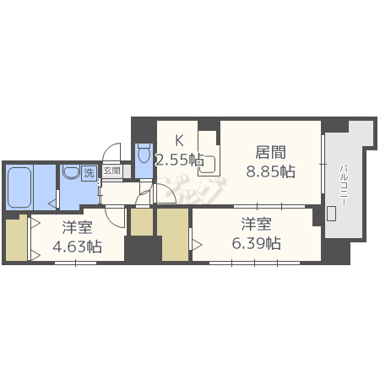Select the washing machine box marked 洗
point(89,173)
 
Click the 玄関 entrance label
point(111,171)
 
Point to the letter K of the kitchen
point(179,140)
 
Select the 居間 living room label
point(270,153)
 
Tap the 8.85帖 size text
point(270,171)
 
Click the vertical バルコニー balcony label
point(345,180)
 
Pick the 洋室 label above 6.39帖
point(257,224)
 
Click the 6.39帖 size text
point(257,243)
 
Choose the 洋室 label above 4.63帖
point(78,228)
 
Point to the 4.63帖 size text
point(78,247)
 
